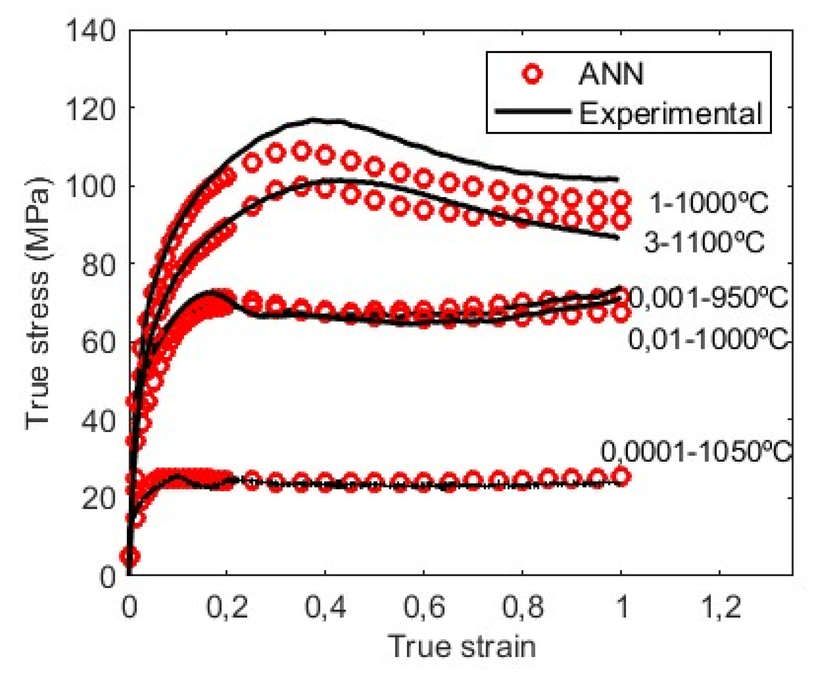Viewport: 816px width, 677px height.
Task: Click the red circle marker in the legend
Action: click(x=532, y=74)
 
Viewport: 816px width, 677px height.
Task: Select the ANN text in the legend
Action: click(x=611, y=74)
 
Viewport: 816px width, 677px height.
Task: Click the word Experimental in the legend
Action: click(x=670, y=113)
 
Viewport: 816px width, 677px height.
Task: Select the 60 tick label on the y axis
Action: click(x=98, y=342)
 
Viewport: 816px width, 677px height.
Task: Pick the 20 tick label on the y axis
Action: click(x=98, y=498)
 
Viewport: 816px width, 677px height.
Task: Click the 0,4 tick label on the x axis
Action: click(x=325, y=607)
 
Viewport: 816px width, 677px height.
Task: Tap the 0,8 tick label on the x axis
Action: click(x=522, y=607)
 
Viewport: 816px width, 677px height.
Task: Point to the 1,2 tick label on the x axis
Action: click(x=720, y=607)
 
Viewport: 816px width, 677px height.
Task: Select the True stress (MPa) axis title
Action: click(x=37, y=304)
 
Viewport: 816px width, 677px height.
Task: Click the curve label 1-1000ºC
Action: click(x=709, y=203)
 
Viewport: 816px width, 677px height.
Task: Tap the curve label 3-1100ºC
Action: click(x=705, y=242)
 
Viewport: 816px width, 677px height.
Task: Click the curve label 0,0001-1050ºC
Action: click(x=696, y=452)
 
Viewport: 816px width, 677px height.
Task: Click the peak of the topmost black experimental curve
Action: click(x=313, y=120)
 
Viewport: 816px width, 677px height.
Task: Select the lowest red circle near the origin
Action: click(x=130, y=556)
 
